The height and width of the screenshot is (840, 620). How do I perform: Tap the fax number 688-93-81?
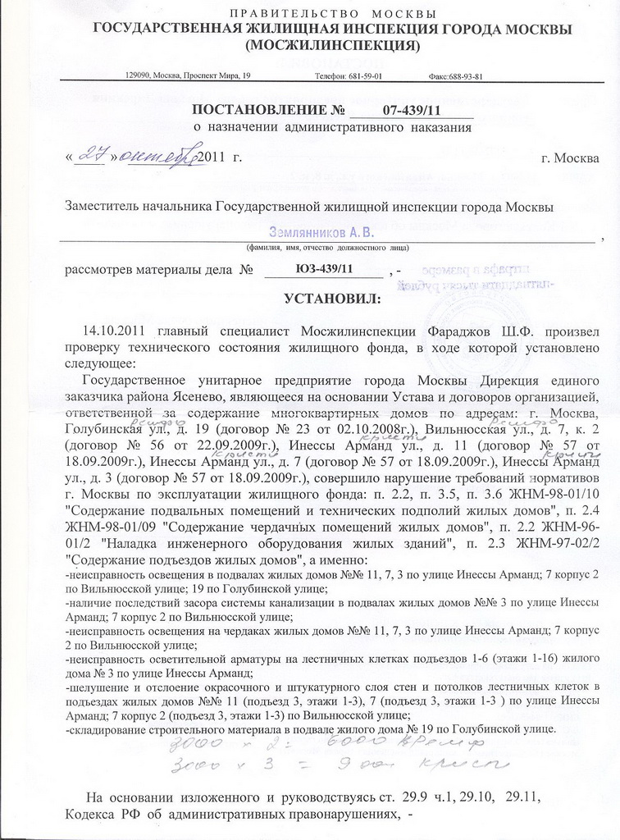click(x=467, y=75)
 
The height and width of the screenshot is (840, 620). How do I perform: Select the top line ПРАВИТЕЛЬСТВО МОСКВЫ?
click(x=332, y=14)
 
